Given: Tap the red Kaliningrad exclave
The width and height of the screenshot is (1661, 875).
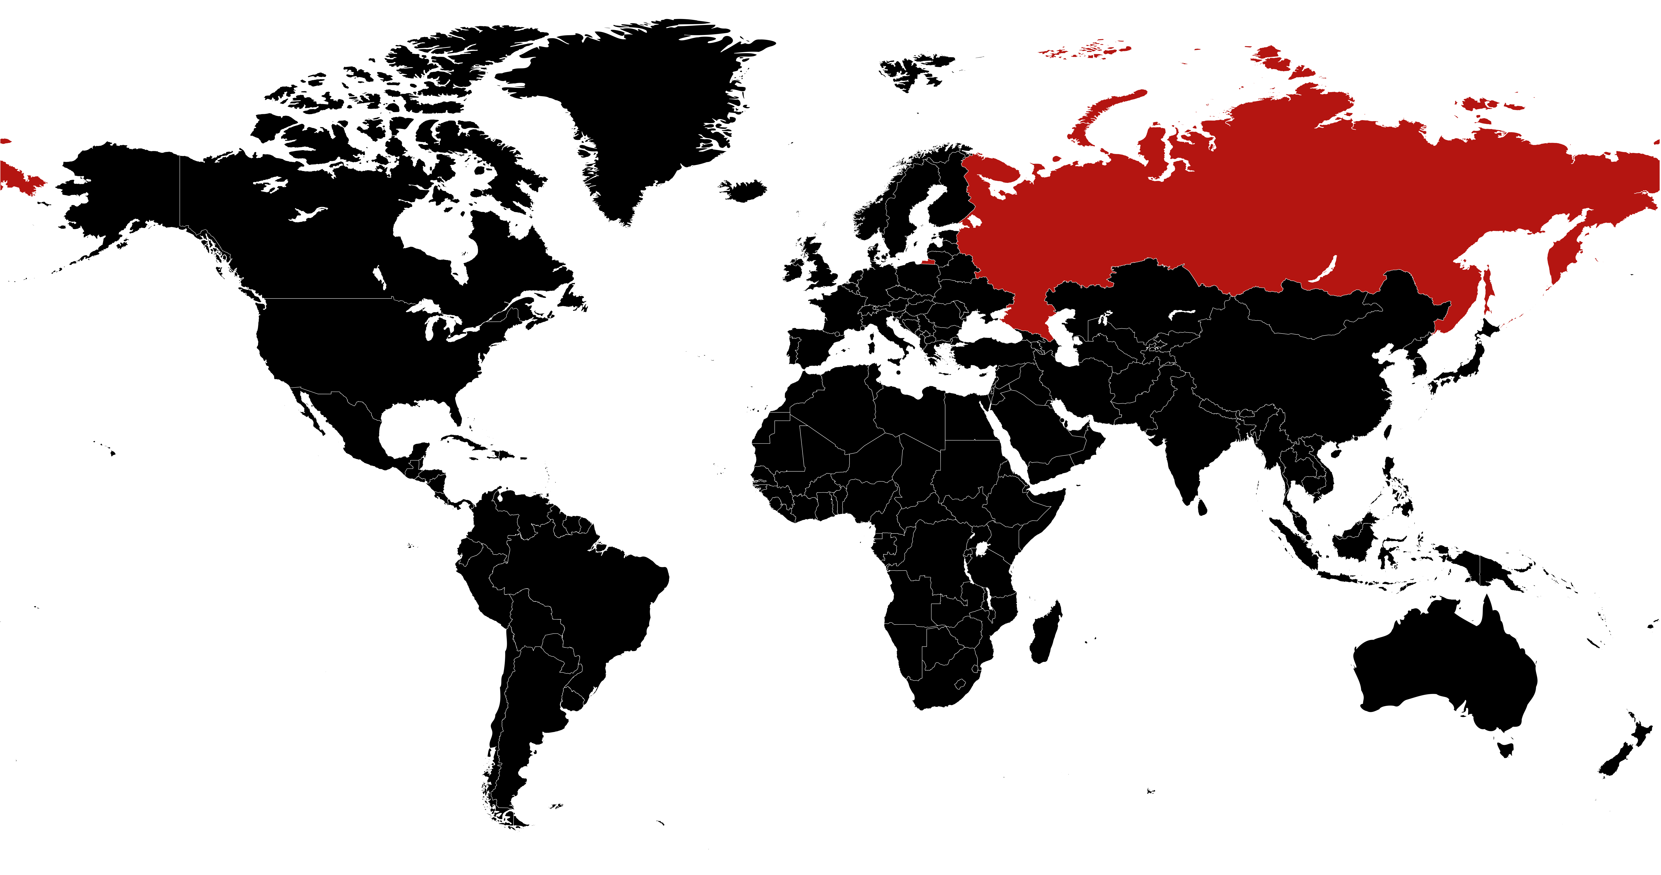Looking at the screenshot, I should [925, 262].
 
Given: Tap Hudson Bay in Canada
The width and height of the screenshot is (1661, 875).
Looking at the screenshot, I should [432, 232].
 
